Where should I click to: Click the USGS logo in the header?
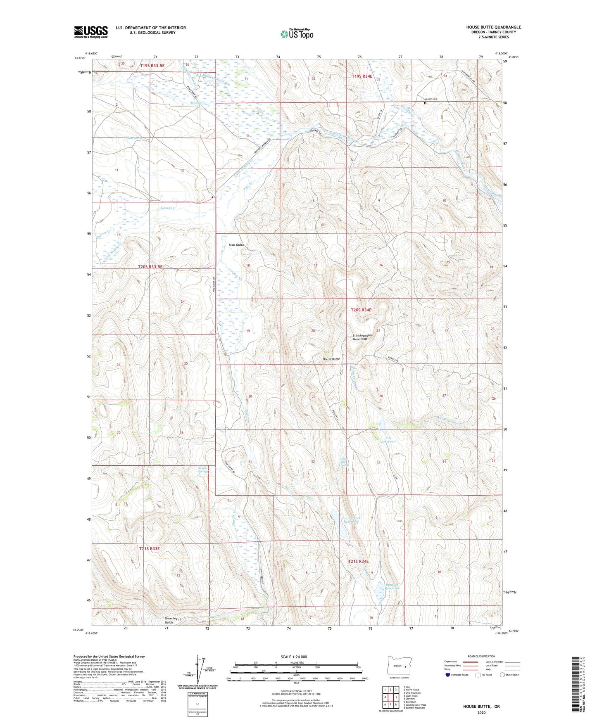coord(91,32)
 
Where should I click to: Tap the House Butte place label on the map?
coord(331,359)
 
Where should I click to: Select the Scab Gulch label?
coord(236,245)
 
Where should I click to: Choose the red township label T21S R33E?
coord(149,548)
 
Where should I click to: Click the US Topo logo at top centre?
coord(297,34)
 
